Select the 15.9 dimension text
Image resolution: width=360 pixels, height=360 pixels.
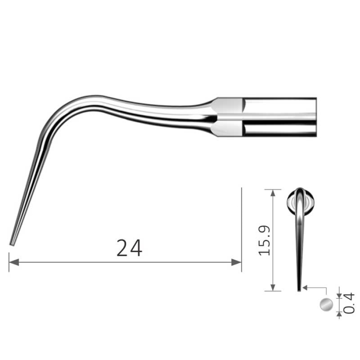point(265,240)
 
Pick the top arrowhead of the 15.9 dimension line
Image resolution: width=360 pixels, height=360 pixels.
point(273,192)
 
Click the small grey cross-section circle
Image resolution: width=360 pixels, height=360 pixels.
point(326,305)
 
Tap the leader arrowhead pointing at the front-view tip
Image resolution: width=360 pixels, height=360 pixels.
point(305,287)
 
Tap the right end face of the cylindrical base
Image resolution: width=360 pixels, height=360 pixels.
point(315,117)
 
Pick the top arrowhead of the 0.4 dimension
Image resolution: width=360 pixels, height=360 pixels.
point(340,295)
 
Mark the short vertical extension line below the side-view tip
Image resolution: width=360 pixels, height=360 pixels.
point(9,262)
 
